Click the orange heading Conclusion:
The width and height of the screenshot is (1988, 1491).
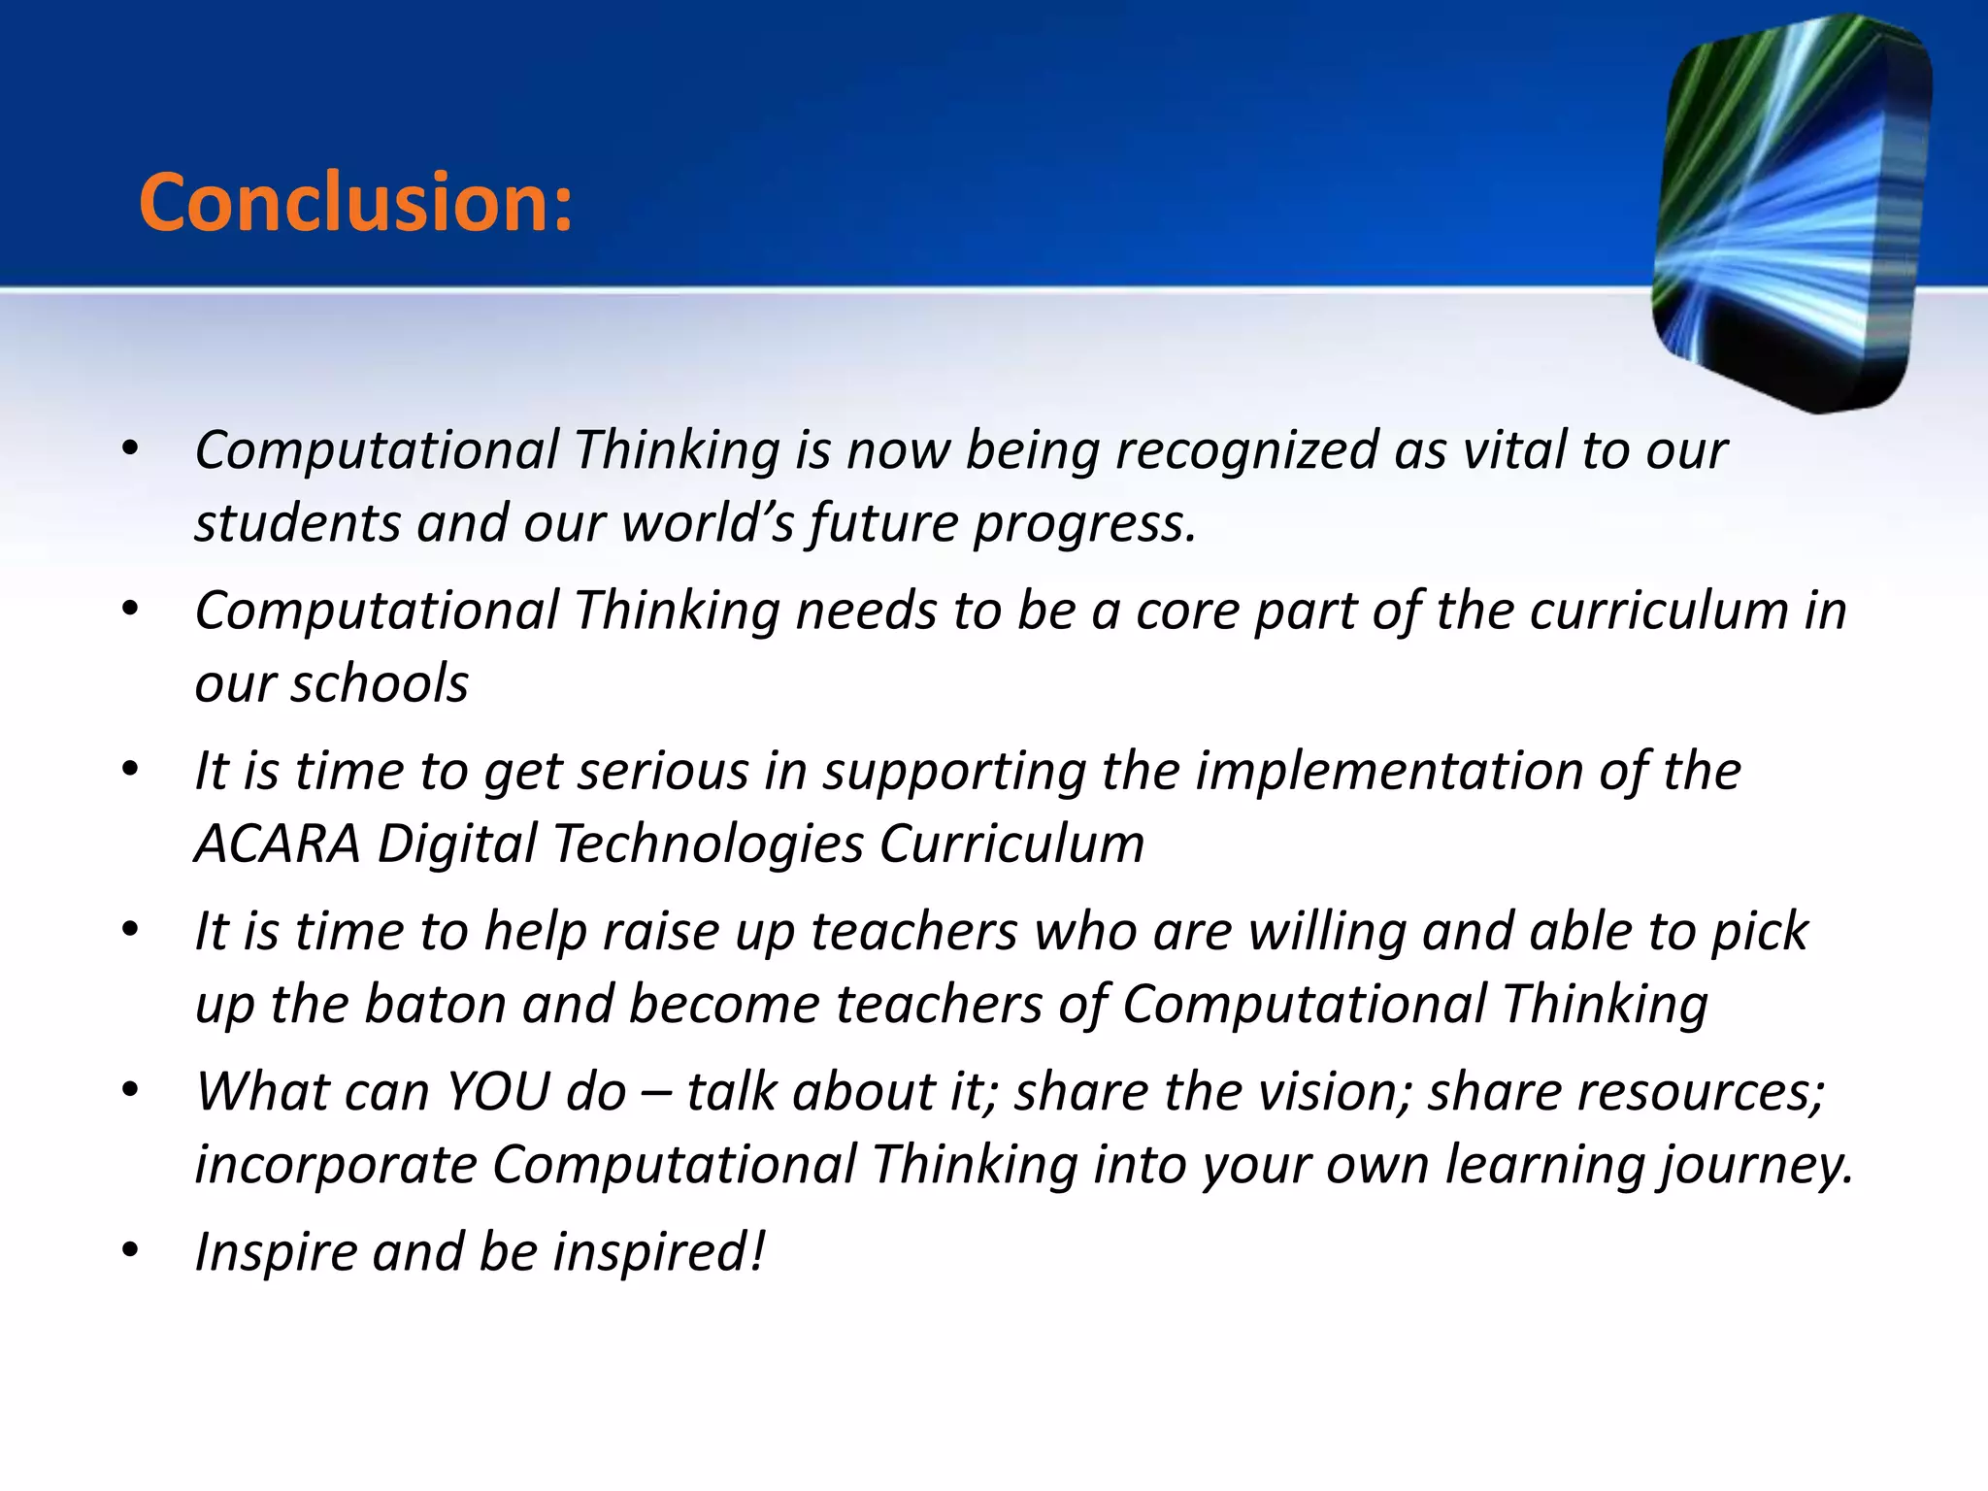point(356,203)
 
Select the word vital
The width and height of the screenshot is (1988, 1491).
point(1513,451)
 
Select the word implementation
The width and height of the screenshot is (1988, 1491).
point(1389,772)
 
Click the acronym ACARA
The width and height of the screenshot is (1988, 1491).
point(278,844)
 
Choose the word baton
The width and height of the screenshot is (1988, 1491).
point(435,1004)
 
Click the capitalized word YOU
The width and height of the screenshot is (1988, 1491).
point(497,1092)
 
